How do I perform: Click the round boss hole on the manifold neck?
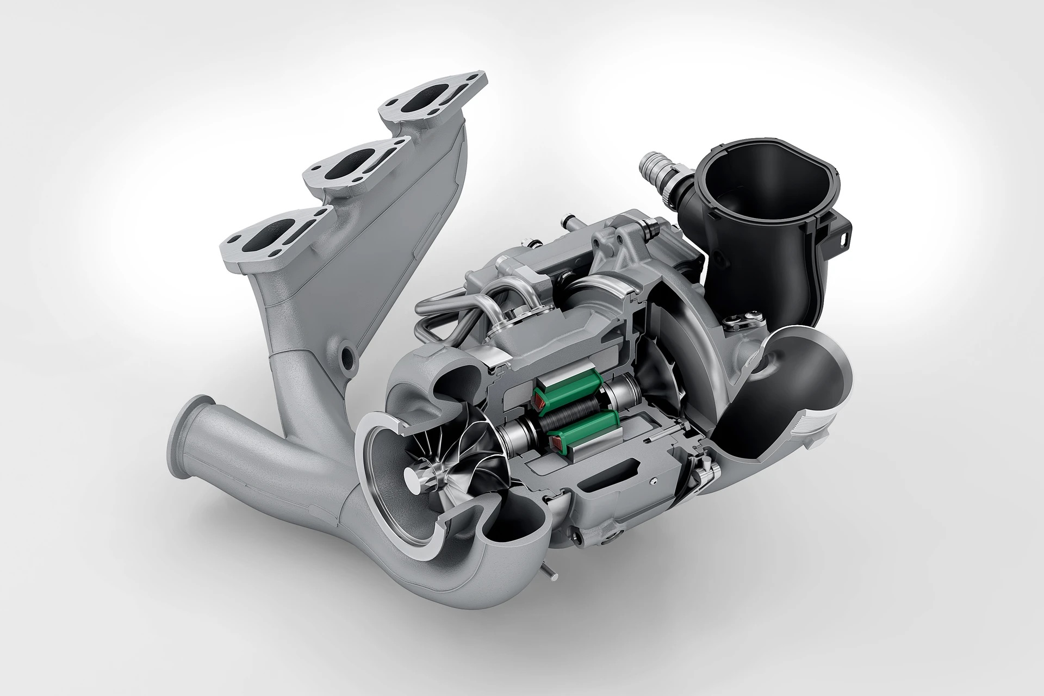[x=346, y=354]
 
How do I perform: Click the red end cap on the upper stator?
[x=539, y=403]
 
